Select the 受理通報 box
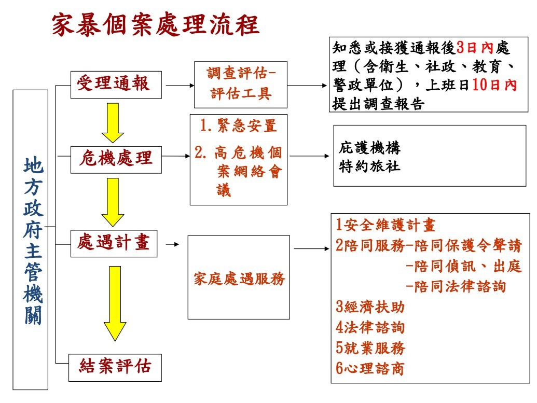tap(116, 85)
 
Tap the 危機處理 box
tap(116, 160)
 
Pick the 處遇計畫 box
tap(114, 243)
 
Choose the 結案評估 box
tap(115, 368)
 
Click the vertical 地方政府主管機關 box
tap(31, 240)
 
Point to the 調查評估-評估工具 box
tap(241, 85)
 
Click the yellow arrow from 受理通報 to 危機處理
tap(113, 122)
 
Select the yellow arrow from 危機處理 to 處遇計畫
tap(113, 202)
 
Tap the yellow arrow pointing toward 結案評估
tap(115, 303)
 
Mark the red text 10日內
tap(494, 85)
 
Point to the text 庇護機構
tap(369, 148)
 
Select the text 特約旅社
tap(369, 166)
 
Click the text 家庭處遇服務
tap(239, 279)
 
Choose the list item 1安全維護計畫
tap(385, 225)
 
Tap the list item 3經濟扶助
tap(370, 307)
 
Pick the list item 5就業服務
tap(370, 348)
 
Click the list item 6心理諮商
tap(369, 368)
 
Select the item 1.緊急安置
tap(238, 126)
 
